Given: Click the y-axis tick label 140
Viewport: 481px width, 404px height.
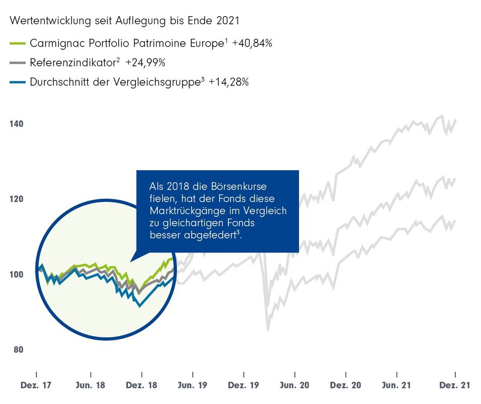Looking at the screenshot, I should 15,124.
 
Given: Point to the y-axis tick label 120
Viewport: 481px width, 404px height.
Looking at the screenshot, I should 15,199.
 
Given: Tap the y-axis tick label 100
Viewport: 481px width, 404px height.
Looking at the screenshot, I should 15,275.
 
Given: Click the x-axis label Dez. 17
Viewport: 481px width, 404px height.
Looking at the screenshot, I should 36,385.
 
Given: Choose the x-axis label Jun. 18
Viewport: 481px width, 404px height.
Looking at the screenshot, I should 91,385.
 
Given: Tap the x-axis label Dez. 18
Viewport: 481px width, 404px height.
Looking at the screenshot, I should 142,385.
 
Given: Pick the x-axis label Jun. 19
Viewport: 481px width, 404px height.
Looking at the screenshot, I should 193,385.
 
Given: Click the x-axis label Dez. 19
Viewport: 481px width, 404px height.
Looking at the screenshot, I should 244,385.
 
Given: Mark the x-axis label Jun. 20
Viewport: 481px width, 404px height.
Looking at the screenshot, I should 295,385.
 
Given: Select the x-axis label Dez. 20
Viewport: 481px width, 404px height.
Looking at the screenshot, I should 346,385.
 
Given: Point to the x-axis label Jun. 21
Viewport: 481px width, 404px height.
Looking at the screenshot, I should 397,385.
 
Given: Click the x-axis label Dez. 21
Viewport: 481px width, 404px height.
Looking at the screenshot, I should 455,385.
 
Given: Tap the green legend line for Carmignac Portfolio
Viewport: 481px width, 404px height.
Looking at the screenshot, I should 17,44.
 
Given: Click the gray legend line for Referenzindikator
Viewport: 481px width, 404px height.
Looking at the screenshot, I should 17,63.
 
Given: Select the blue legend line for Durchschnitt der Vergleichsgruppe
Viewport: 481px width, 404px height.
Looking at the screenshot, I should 17,82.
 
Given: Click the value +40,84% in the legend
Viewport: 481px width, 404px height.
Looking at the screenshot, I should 252,44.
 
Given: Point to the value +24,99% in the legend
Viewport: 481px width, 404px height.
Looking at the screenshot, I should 146,63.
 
